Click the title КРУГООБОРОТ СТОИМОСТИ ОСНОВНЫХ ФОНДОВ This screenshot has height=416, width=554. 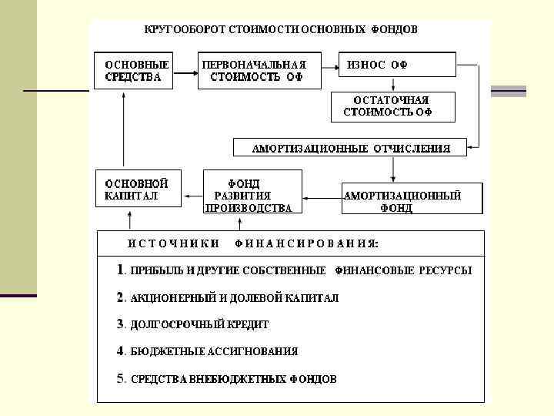coord(281,29)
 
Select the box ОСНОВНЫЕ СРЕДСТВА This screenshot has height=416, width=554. coord(138,71)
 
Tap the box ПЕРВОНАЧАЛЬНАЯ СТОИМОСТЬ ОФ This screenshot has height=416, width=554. coord(254,71)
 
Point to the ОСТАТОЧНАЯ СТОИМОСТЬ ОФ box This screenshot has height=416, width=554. coord(392,107)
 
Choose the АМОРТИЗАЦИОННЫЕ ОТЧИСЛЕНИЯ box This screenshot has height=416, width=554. coord(351,147)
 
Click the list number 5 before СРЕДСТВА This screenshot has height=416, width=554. coord(122,378)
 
